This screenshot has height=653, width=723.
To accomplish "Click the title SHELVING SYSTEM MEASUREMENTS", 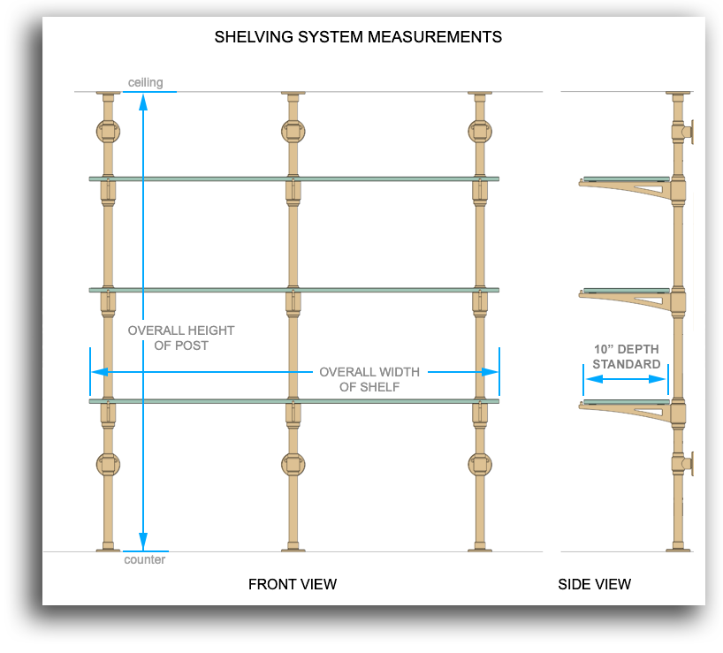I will click(x=358, y=37).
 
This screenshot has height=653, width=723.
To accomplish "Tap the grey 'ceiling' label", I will click(x=145, y=83).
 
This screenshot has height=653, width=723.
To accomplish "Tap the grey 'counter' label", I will click(x=145, y=559).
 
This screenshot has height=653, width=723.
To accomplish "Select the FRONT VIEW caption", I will click(x=293, y=584).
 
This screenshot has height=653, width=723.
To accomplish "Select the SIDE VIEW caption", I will click(x=594, y=584).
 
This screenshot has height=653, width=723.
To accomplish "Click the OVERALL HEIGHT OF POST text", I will click(x=180, y=338).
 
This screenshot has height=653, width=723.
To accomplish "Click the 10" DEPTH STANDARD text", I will click(x=626, y=356).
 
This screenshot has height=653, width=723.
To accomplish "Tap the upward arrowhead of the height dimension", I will click(x=142, y=100).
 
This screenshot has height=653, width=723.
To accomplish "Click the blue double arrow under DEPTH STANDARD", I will click(x=625, y=379).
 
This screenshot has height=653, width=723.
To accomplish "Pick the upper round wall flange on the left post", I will click(x=108, y=132).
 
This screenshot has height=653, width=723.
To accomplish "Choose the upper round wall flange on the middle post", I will click(x=293, y=132).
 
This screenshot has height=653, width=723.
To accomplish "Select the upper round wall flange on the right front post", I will click(x=480, y=132).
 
